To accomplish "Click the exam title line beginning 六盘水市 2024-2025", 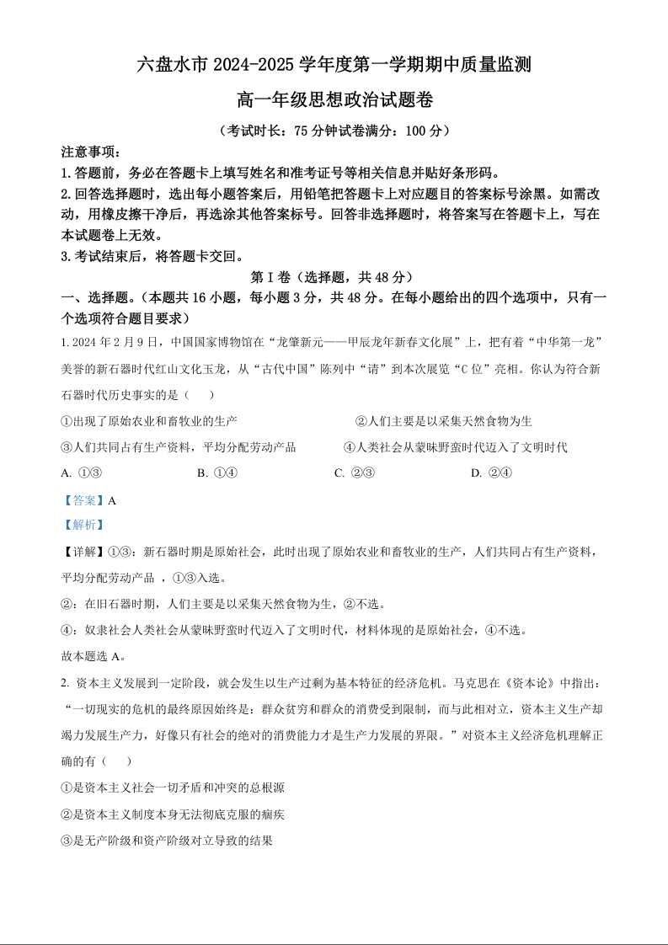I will coord(334,65).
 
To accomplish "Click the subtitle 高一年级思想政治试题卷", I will coord(334,100).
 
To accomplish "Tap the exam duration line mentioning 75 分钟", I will coord(334,131).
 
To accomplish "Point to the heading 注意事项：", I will coord(92,152).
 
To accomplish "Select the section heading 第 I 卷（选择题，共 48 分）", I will coord(334,277).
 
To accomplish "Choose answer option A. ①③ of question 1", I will coord(83,472).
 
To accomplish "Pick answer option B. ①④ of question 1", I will coord(217,472).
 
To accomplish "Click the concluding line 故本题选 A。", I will coord(94,656).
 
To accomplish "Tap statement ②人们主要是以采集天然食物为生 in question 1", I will coord(443,421).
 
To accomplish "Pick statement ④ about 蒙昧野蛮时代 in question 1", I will coord(456,447).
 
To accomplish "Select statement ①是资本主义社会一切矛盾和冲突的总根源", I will coord(173,787).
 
